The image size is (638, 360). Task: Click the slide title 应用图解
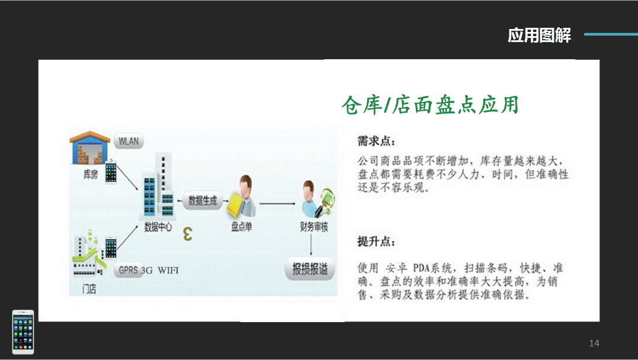[539, 35]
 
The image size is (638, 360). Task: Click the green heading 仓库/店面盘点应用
[430, 105]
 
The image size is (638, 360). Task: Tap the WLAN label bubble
[129, 141]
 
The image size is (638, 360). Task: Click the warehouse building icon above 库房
[90, 147]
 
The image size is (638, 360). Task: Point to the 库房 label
[90, 175]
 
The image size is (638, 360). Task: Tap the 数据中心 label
[158, 227]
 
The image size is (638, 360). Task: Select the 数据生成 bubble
[203, 201]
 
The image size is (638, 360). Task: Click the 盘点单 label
[242, 227]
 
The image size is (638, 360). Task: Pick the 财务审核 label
[314, 227]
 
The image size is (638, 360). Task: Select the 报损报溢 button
[310, 269]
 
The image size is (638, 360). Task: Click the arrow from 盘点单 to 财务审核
[277, 204]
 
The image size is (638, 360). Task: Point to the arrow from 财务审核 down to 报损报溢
[311, 245]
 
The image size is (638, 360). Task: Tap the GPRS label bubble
[129, 270]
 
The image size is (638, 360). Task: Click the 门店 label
[89, 289]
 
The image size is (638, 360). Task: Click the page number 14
[594, 343]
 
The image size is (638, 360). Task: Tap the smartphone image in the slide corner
[23, 332]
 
